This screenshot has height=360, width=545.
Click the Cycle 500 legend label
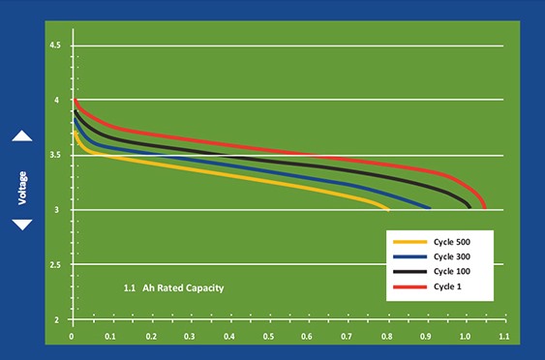pyautogui.click(x=451, y=242)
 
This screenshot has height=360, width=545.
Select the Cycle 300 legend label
pyautogui.click(x=451, y=256)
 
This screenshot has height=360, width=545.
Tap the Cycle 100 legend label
pyautogui.click(x=451, y=271)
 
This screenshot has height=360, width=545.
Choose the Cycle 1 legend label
pyautogui.click(x=447, y=286)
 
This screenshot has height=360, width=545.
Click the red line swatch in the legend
pyautogui.click(x=409, y=287)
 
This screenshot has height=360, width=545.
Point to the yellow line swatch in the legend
pyautogui.click(x=409, y=242)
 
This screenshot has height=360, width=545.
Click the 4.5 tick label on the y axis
pyautogui.click(x=55, y=45)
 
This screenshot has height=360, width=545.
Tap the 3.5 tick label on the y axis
pyautogui.click(x=55, y=155)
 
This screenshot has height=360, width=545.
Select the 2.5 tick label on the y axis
pyautogui.click(x=55, y=265)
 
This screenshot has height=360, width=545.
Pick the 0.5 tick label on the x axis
pyautogui.click(x=268, y=337)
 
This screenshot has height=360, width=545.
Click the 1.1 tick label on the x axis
pyautogui.click(x=504, y=337)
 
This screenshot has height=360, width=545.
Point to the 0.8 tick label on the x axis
pyautogui.click(x=387, y=337)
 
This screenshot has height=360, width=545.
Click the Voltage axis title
pyautogui.click(x=22, y=188)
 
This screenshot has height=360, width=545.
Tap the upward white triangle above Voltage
pyautogui.click(x=22, y=137)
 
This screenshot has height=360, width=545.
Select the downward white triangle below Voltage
pyautogui.click(x=22, y=224)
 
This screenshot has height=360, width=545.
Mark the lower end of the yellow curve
pyautogui.click(x=388, y=210)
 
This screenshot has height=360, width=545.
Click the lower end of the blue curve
pyautogui.click(x=430, y=208)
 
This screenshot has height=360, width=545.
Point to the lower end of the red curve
pyautogui.click(x=485, y=208)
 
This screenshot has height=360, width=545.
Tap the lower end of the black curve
pyautogui.click(x=469, y=207)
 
